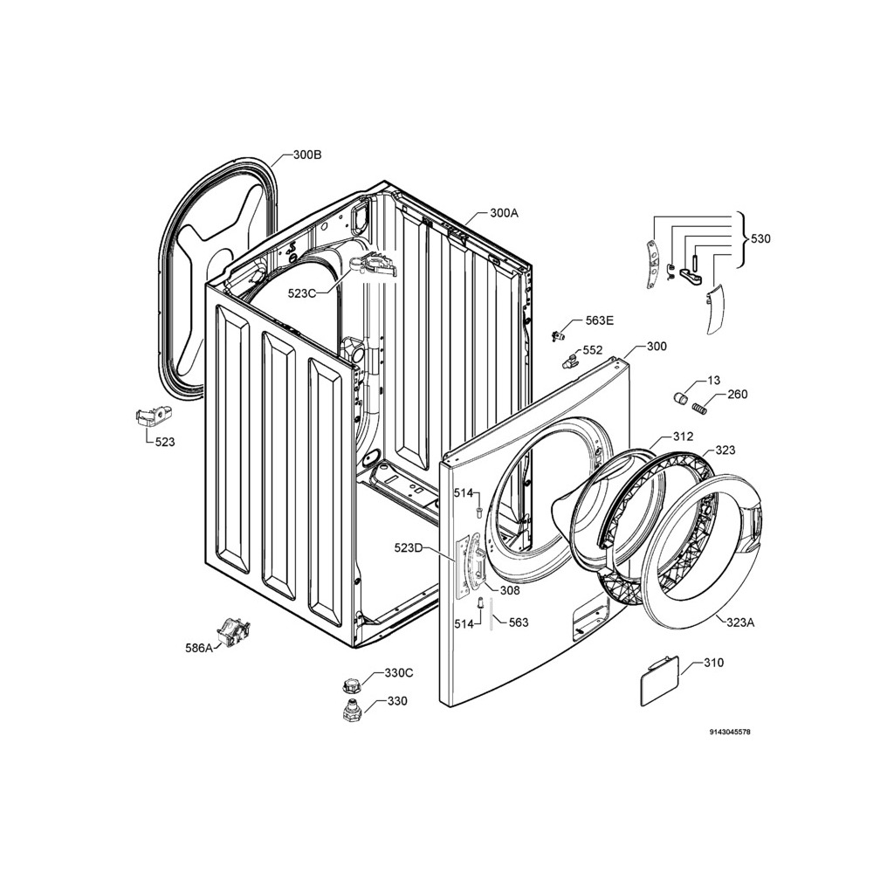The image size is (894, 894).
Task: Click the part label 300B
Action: click(x=307, y=155)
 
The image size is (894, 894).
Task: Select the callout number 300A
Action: click(x=504, y=213)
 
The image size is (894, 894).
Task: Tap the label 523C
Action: click(x=301, y=293)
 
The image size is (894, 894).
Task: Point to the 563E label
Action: click(x=600, y=320)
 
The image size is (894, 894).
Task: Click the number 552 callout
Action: click(x=593, y=350)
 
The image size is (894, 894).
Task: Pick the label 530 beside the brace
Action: click(x=760, y=238)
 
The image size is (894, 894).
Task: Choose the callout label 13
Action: click(x=714, y=381)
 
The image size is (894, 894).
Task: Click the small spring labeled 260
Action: click(x=699, y=409)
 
